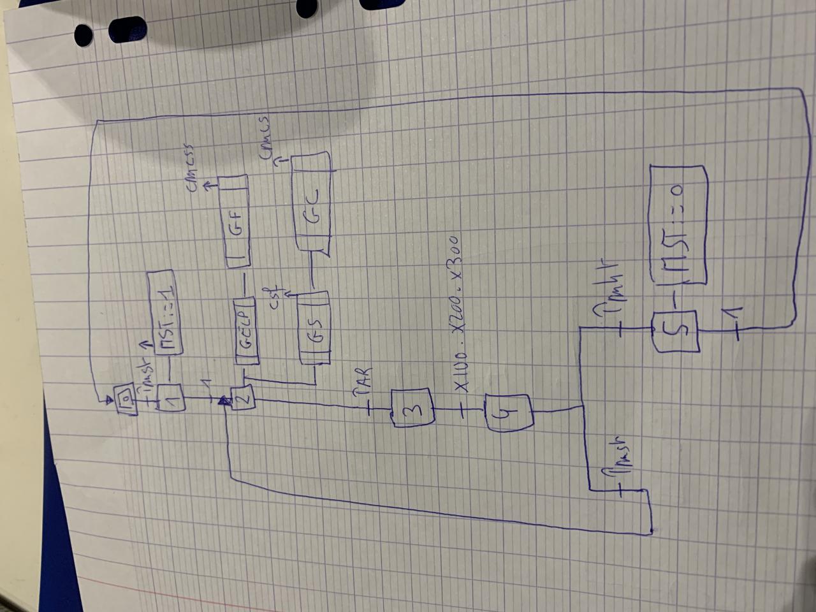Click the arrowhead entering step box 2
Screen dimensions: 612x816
pos(224,401)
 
